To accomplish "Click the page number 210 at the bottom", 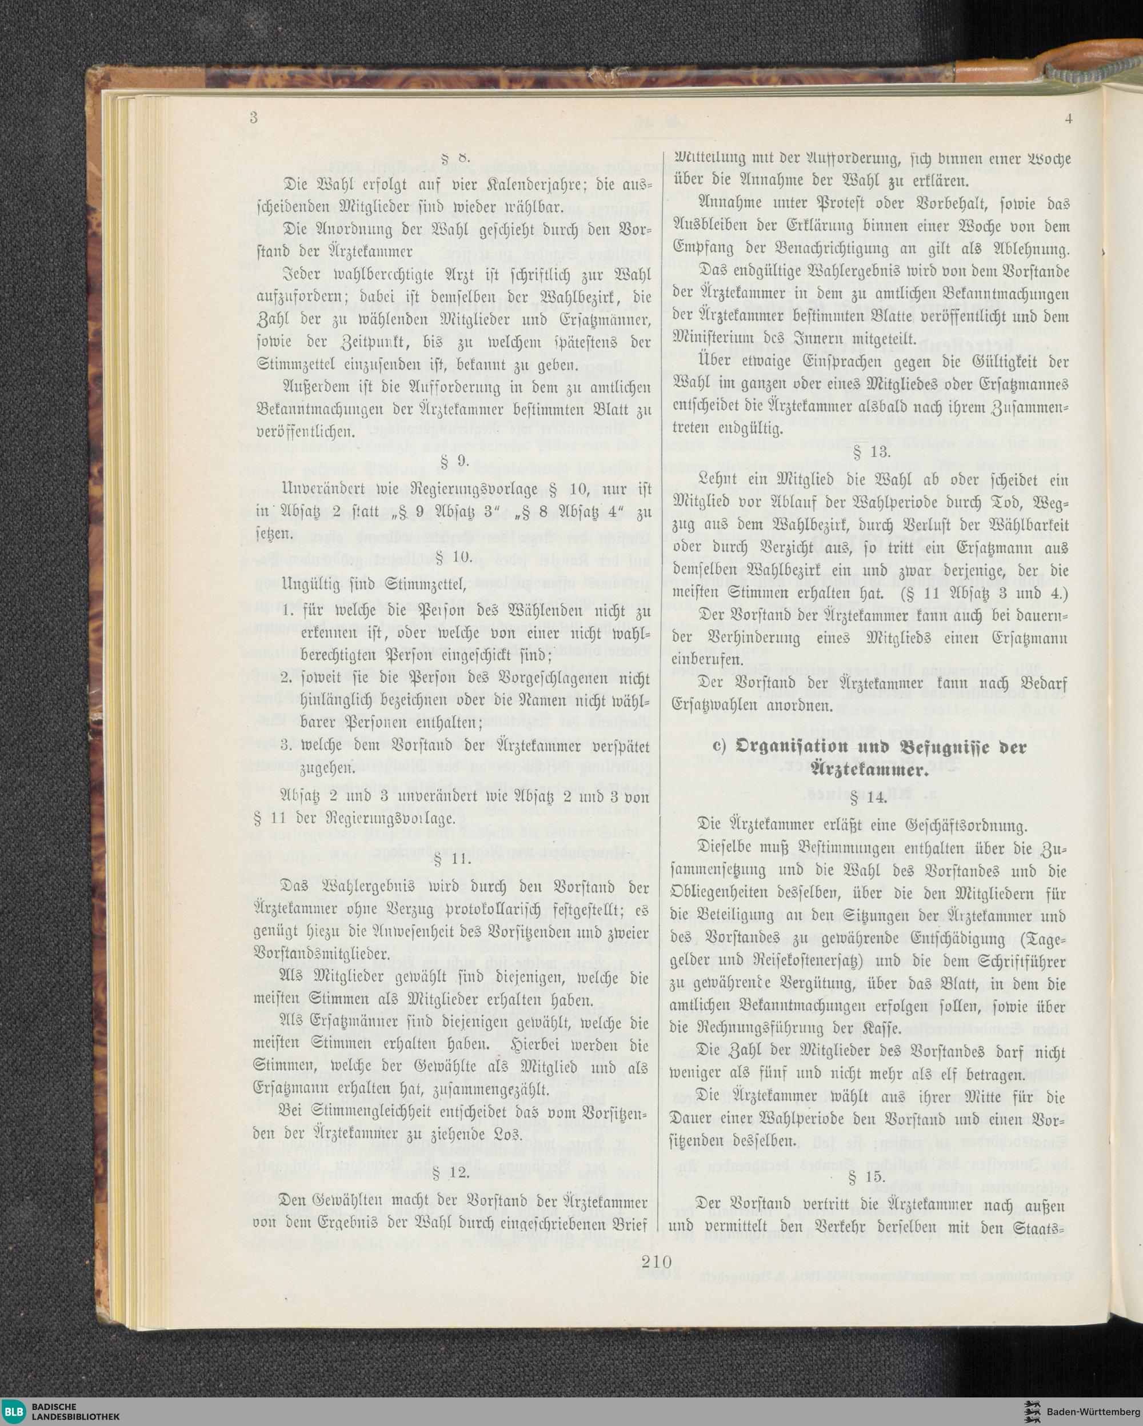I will (x=656, y=1262).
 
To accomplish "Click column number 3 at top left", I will (x=253, y=118).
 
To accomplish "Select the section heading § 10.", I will (x=454, y=557).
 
